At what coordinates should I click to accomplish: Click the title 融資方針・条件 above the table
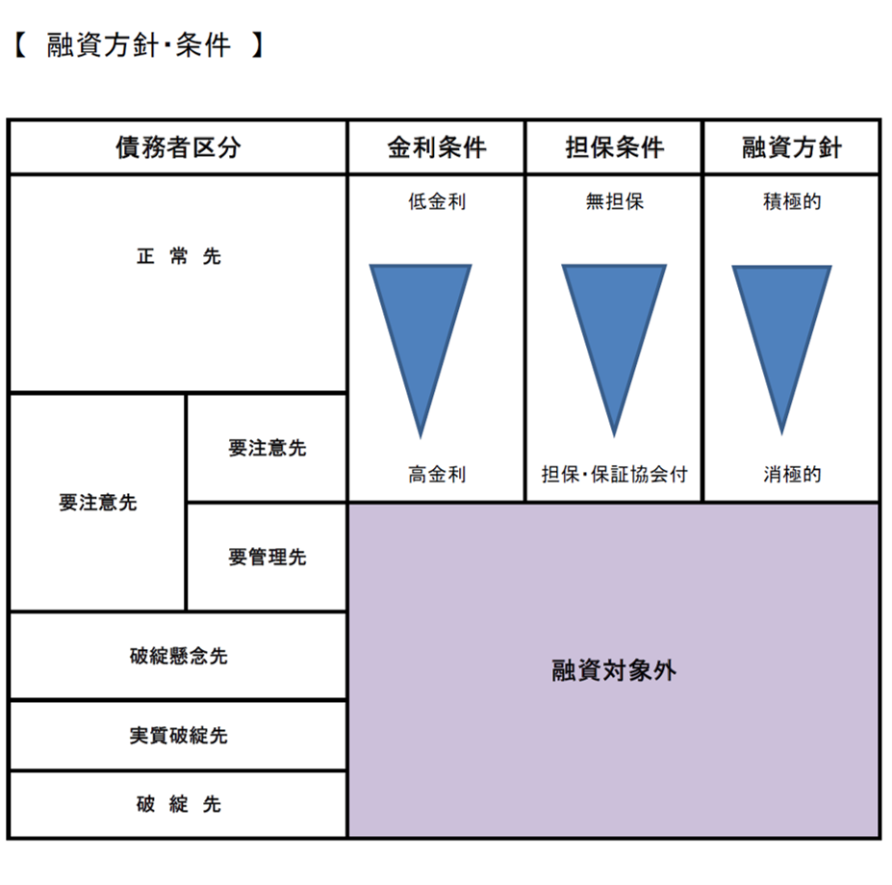(138, 45)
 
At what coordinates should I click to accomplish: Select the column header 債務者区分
(178, 147)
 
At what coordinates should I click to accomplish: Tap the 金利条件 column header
(437, 147)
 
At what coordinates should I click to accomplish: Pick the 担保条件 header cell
(614, 147)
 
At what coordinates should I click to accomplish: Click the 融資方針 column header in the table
(792, 147)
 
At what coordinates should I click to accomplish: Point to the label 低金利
(437, 202)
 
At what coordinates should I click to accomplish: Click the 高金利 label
(437, 474)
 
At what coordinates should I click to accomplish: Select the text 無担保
(614, 202)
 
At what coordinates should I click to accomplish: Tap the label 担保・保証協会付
(614, 474)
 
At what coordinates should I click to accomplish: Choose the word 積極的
(792, 202)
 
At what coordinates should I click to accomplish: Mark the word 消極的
(792, 474)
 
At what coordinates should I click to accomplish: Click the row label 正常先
(178, 257)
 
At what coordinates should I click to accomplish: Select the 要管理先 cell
(267, 557)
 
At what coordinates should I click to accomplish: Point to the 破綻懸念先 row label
(178, 657)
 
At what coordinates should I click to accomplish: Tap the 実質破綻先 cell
(178, 736)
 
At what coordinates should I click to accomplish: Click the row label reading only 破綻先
(178, 804)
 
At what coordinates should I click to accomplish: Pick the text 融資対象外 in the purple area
(614, 671)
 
